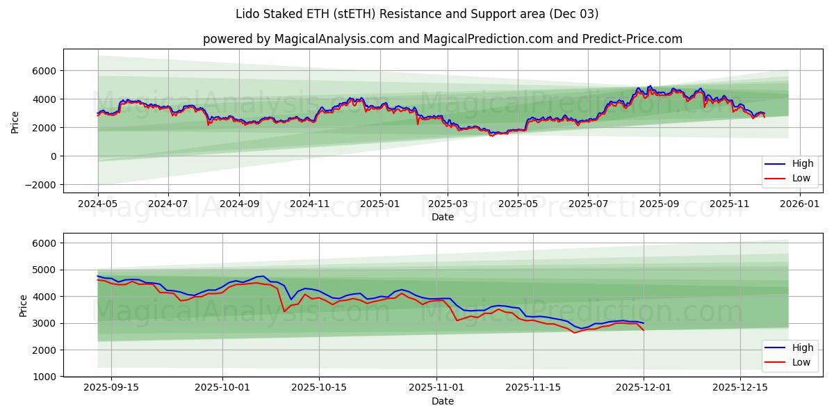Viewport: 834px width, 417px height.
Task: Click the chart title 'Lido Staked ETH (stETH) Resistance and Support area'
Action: pos(417,14)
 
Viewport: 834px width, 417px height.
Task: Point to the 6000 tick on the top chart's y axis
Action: pos(43,71)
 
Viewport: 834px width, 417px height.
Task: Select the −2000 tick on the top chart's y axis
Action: pos(39,185)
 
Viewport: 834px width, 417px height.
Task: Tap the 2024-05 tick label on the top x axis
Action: pos(98,204)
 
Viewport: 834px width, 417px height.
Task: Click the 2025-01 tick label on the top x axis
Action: pos(379,204)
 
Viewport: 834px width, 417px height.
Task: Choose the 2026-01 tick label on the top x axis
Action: pos(801,204)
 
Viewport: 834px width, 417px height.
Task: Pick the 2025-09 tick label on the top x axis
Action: pos(659,204)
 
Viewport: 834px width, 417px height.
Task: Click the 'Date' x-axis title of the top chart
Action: pos(443,217)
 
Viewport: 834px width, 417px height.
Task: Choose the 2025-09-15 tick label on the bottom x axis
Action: pos(111,388)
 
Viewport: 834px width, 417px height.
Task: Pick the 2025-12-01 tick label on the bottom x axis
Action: pos(644,388)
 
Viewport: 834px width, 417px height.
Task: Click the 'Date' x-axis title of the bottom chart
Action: pos(443,401)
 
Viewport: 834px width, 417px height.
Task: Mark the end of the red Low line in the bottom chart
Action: pos(644,329)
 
